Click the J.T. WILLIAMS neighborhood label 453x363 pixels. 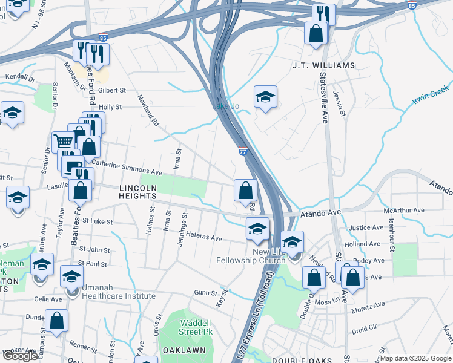tap(323, 65)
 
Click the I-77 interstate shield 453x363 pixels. tap(243, 152)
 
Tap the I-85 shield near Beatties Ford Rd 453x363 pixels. tap(103, 37)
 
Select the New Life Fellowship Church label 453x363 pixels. tap(251, 256)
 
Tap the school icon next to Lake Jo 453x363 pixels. tap(265, 97)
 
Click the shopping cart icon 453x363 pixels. tap(63, 143)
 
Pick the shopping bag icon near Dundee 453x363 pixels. tap(56, 322)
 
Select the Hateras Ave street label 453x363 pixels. tap(203, 237)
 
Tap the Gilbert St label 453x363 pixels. tap(111, 90)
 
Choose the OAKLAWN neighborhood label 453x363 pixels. tap(184, 350)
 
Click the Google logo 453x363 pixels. tap(20, 356)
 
